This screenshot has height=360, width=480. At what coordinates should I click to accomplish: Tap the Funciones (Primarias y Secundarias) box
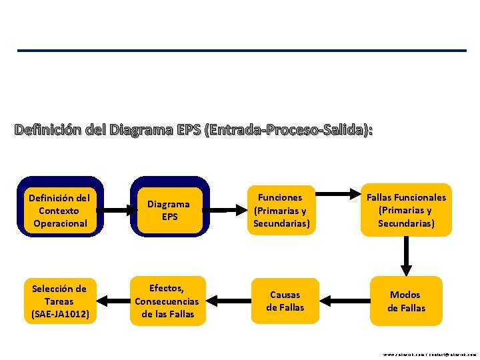[x=281, y=210]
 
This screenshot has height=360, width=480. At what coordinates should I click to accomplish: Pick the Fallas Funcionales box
[x=405, y=210]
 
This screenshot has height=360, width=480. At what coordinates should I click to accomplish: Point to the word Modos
[x=405, y=295]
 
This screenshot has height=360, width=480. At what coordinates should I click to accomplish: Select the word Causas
[x=285, y=295]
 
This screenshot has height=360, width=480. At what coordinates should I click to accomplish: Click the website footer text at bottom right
[x=429, y=355]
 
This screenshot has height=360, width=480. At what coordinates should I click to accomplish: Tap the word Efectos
[x=166, y=288]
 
